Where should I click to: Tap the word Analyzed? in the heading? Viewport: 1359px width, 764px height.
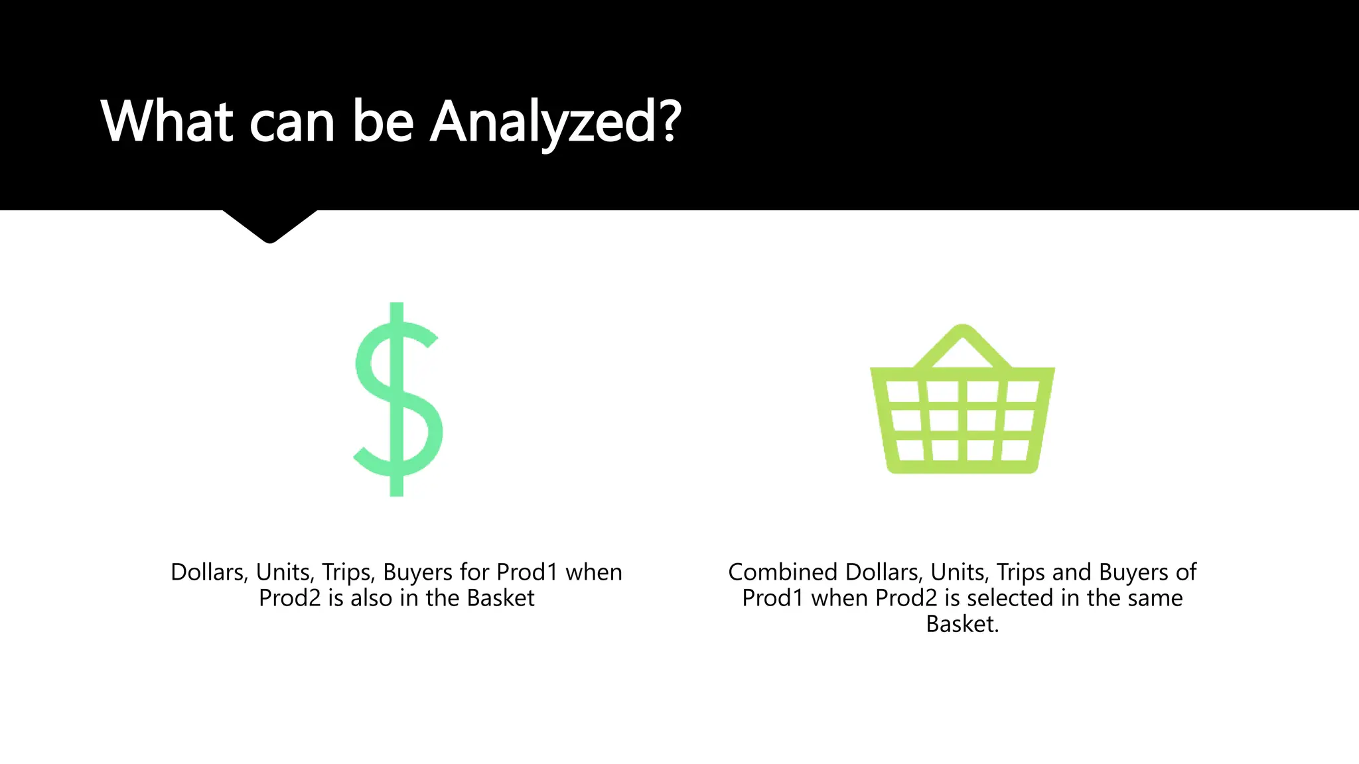[556, 122]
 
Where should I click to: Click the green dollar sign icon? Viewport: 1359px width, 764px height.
[397, 399]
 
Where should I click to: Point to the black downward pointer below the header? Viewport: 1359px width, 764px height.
[269, 225]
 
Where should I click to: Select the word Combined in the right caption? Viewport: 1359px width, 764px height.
[782, 572]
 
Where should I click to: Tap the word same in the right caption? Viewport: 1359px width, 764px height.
[1152, 598]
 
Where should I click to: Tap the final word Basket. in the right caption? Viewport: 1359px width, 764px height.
[962, 624]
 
